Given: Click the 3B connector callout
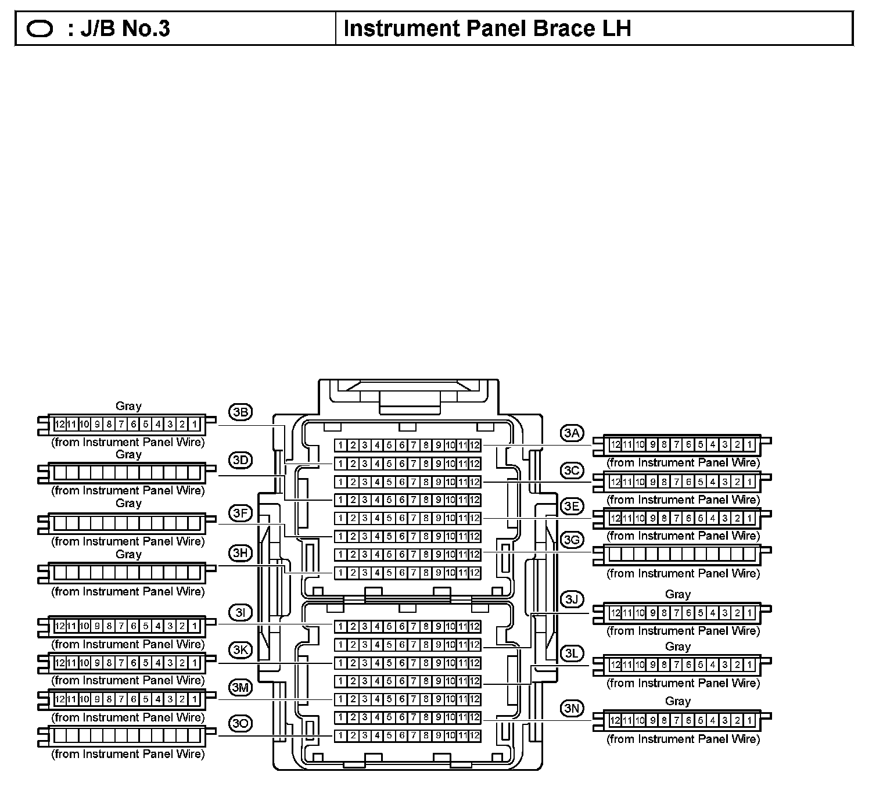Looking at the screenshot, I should pos(240,412).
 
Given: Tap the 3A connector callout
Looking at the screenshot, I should pos(572,433).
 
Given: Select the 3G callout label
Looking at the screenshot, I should pos(572,540).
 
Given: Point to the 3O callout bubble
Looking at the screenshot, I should pos(240,724).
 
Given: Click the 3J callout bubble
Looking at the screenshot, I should pos(572,599).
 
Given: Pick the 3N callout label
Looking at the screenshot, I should pos(572,708).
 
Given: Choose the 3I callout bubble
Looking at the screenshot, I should pos(240,613).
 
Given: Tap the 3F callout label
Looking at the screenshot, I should pos(240,513).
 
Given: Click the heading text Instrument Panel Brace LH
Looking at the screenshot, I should pos(487,28).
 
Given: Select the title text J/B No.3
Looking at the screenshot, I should pos(125,28).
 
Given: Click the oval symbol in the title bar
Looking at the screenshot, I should pos(40,29).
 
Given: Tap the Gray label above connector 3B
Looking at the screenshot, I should pos(128,406).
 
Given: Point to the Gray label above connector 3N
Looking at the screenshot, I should pos(677,701).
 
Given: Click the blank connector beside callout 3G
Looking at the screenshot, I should pos(683,555).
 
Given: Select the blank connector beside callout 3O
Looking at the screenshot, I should pos(127,737).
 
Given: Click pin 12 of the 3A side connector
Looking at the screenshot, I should pos(616,446).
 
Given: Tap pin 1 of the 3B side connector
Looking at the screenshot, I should pos(195,424).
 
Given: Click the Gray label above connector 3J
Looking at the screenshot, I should pos(677,594).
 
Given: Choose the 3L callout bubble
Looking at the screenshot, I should pos(572,653).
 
